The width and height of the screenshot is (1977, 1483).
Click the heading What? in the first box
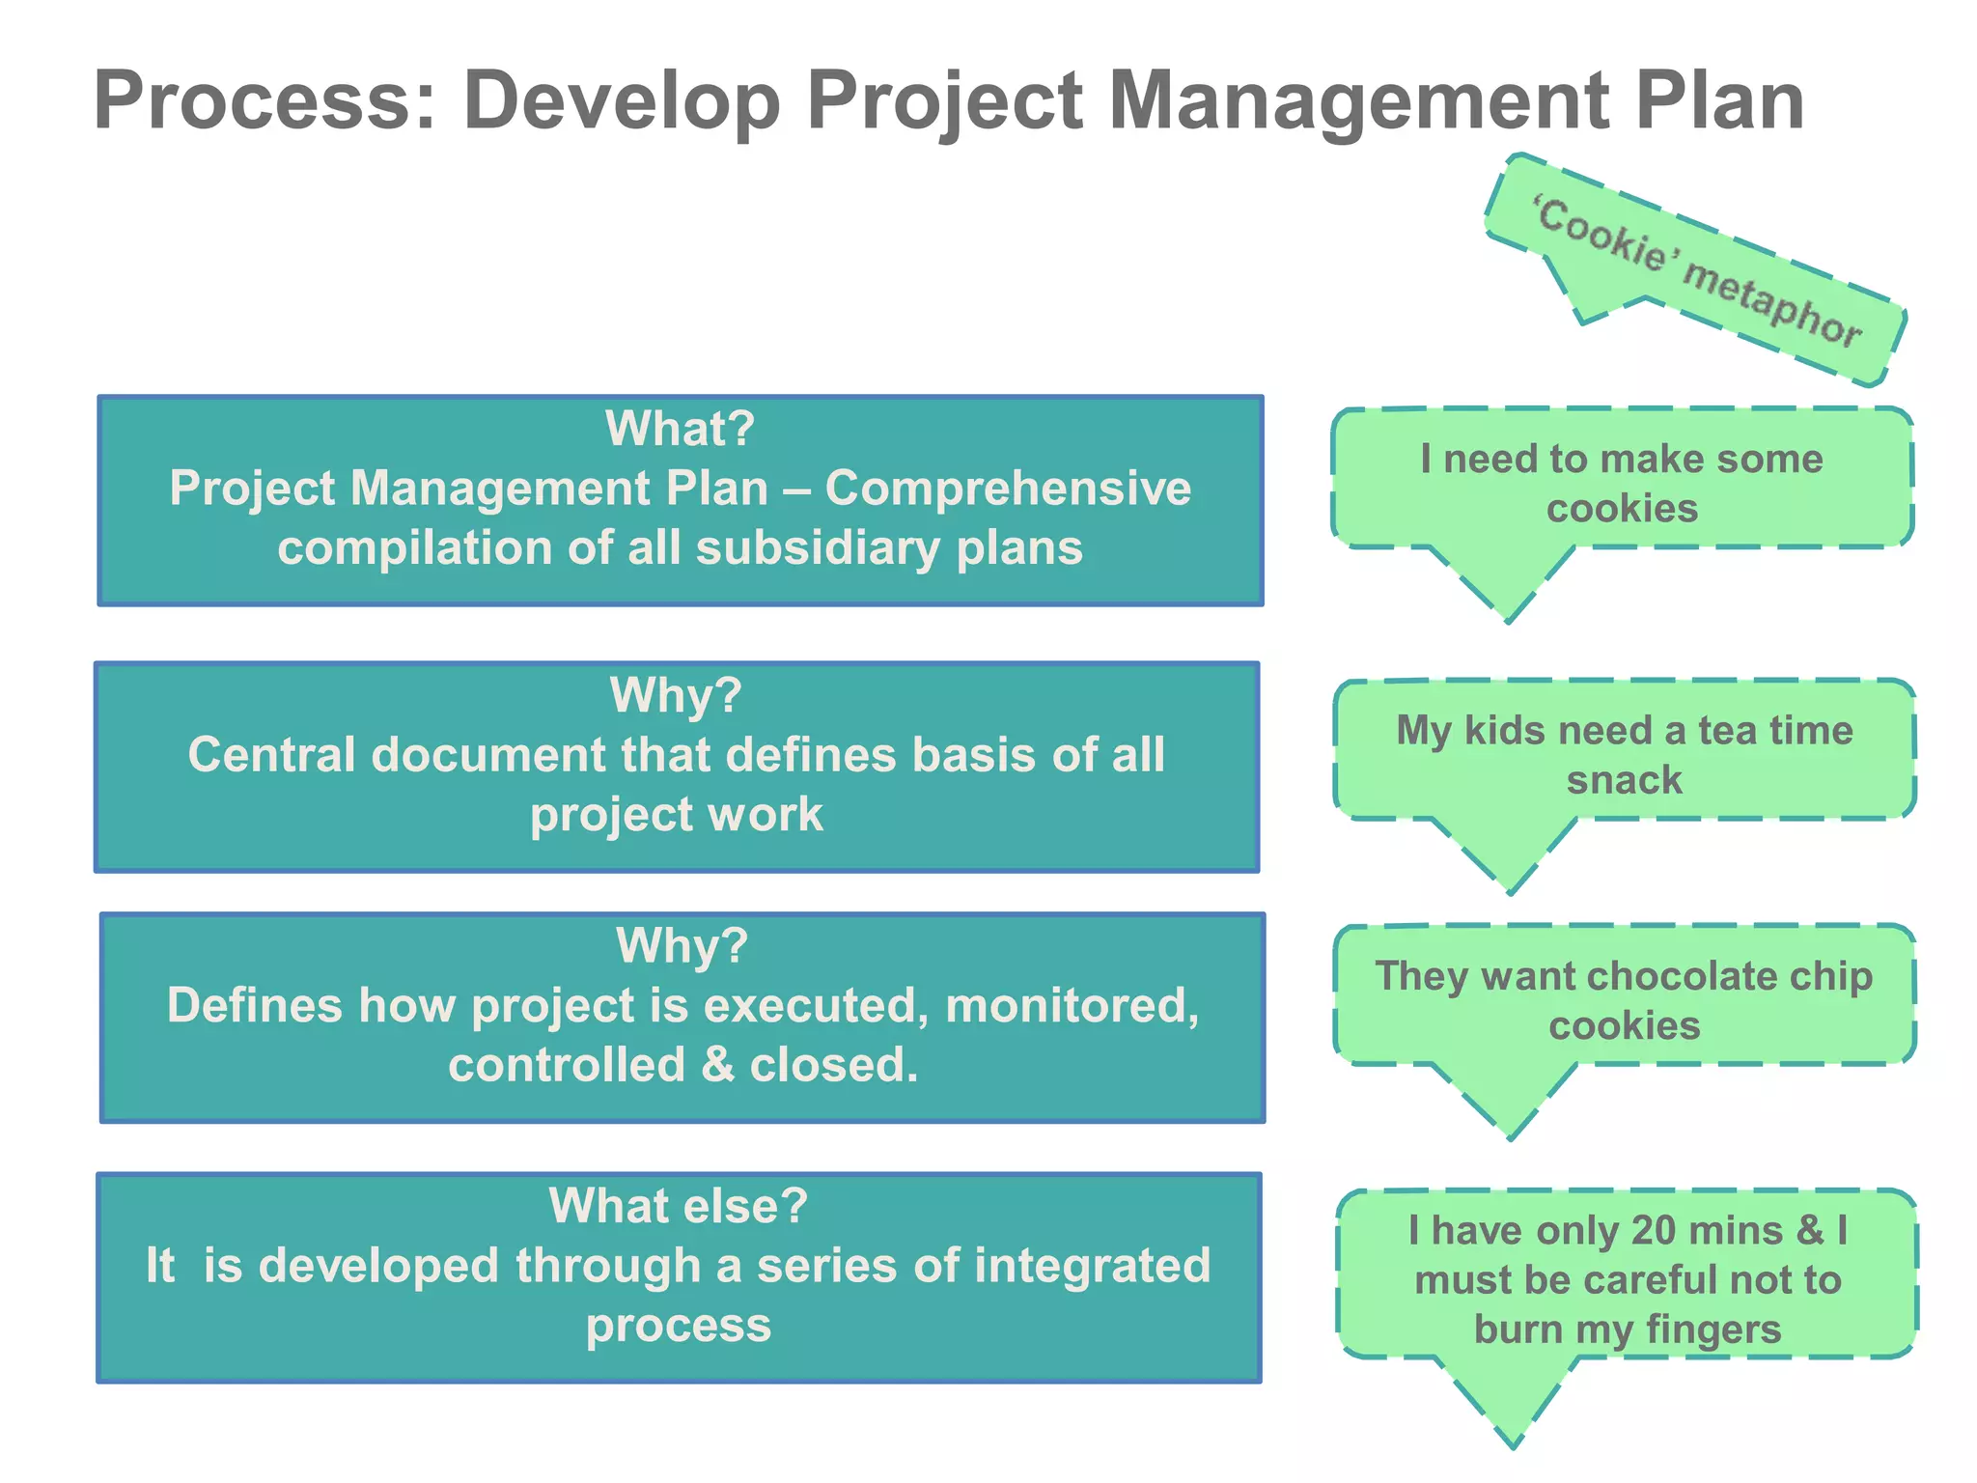click(680, 428)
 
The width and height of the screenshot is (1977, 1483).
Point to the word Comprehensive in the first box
click(1008, 488)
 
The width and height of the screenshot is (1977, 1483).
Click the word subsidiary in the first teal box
click(820, 547)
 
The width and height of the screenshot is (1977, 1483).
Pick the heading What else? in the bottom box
click(678, 1205)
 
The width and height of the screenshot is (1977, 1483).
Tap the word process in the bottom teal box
click(678, 1325)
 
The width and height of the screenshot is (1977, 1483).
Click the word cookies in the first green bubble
click(1622, 508)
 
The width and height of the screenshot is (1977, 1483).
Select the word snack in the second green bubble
click(1624, 779)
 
